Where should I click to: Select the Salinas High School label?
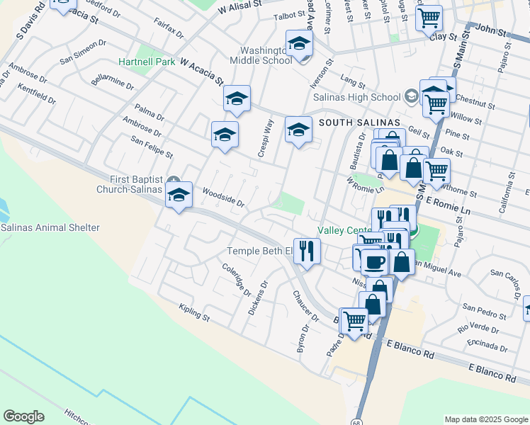pos(366,97)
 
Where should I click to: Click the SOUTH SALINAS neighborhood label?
pos(355,123)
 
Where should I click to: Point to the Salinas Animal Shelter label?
pos(50,227)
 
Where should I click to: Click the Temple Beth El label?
pos(259,251)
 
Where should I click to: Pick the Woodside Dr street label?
pos(223,198)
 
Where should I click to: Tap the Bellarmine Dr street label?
pos(113,79)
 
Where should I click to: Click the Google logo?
pos(23,416)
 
